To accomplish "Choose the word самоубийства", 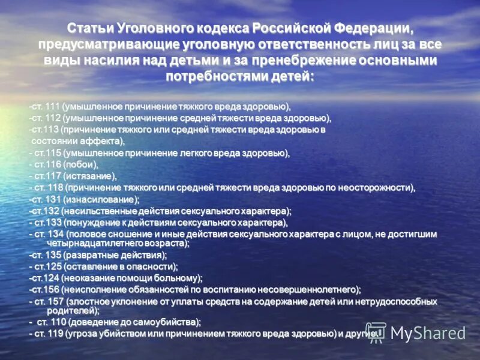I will [x=162, y=322].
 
